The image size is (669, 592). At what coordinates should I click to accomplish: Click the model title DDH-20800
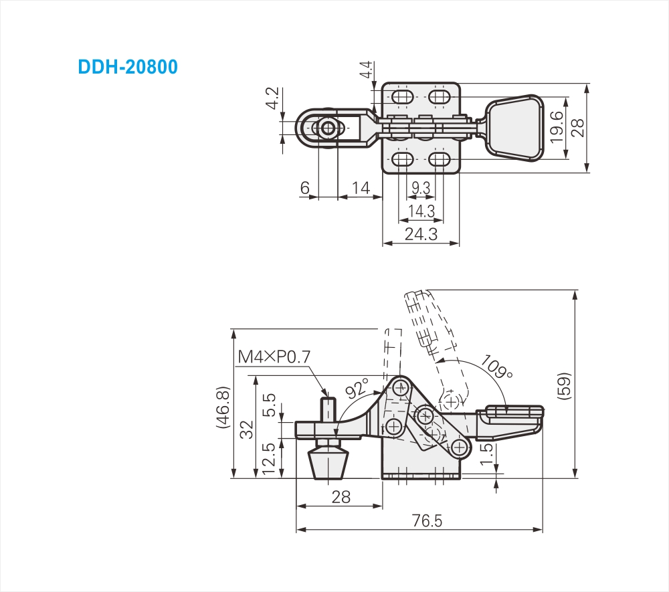pyautogui.click(x=128, y=68)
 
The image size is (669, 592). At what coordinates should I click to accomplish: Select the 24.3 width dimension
pyautogui.click(x=421, y=234)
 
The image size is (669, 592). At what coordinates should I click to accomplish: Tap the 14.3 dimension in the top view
pyautogui.click(x=421, y=212)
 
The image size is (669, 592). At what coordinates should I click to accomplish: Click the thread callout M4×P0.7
pyautogui.click(x=274, y=357)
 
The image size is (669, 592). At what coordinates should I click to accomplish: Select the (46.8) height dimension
pyautogui.click(x=223, y=408)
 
